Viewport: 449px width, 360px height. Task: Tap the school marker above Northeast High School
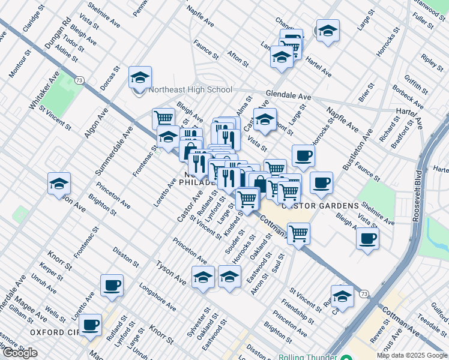140,77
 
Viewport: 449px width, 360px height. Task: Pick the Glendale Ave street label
289,96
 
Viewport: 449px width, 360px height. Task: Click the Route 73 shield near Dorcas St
79,80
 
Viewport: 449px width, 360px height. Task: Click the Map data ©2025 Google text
412,355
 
